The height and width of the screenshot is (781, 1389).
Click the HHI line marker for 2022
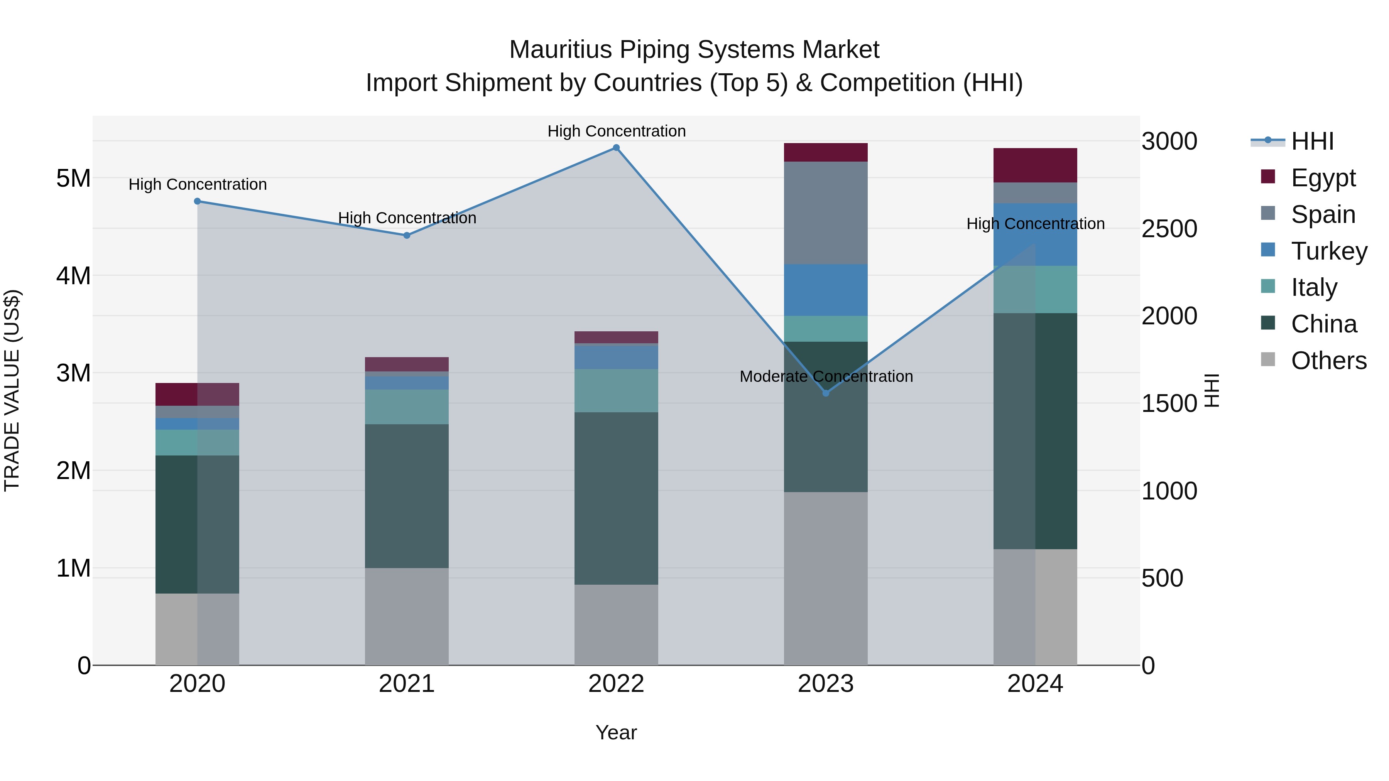coord(616,148)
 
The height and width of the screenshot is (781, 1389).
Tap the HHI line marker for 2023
coord(826,393)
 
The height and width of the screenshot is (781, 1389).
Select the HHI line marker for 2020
coord(197,201)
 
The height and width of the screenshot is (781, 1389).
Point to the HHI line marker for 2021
coord(407,235)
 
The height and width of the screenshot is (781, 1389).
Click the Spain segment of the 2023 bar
coord(826,213)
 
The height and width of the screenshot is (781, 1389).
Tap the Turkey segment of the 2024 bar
coord(1035,234)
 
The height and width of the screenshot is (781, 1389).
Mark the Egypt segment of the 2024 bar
coord(1035,165)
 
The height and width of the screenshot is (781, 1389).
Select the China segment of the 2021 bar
coord(407,496)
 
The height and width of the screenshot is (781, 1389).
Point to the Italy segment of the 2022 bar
coord(616,390)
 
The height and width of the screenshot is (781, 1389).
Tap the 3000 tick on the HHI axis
coord(1169,141)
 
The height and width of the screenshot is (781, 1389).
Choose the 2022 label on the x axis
coord(616,684)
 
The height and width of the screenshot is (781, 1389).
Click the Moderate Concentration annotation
coord(826,376)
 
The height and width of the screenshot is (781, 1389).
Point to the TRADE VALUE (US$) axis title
coord(12,390)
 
